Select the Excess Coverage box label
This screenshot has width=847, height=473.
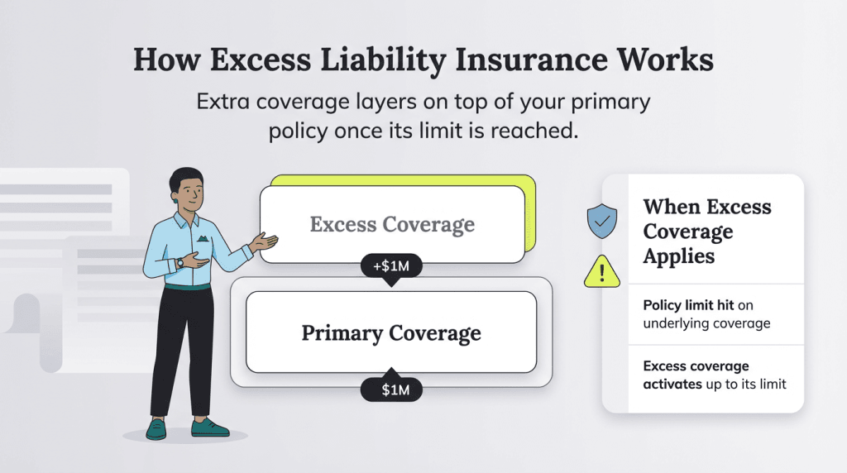[392, 224]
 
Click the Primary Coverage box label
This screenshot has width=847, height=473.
[391, 333]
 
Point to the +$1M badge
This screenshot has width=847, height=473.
[391, 268]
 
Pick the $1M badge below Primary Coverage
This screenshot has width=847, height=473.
[391, 388]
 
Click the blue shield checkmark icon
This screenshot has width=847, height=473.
[601, 221]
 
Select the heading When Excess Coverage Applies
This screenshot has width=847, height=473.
[707, 231]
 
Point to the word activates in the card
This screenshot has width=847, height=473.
[671, 384]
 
